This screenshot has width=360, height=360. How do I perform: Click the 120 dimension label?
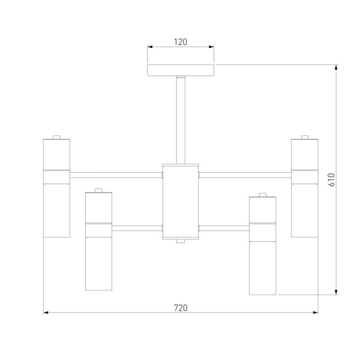pyautogui.click(x=181, y=42)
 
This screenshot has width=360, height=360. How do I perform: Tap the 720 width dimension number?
pyautogui.click(x=181, y=308)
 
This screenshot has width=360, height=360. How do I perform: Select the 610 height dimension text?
pyautogui.click(x=332, y=180)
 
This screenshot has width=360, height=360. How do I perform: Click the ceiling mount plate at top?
pyautogui.click(x=181, y=70)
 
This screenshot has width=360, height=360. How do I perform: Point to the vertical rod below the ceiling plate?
pyautogui.click(x=181, y=120)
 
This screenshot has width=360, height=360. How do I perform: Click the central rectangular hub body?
pyautogui.click(x=181, y=202)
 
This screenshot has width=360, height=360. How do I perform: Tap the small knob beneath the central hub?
pyautogui.click(x=181, y=241)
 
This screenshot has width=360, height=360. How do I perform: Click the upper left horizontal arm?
pyautogui.click(x=116, y=175)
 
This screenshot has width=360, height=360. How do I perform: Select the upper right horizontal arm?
pyautogui.click(x=245, y=175)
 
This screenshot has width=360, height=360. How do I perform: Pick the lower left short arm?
pyautogui.click(x=137, y=228)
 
